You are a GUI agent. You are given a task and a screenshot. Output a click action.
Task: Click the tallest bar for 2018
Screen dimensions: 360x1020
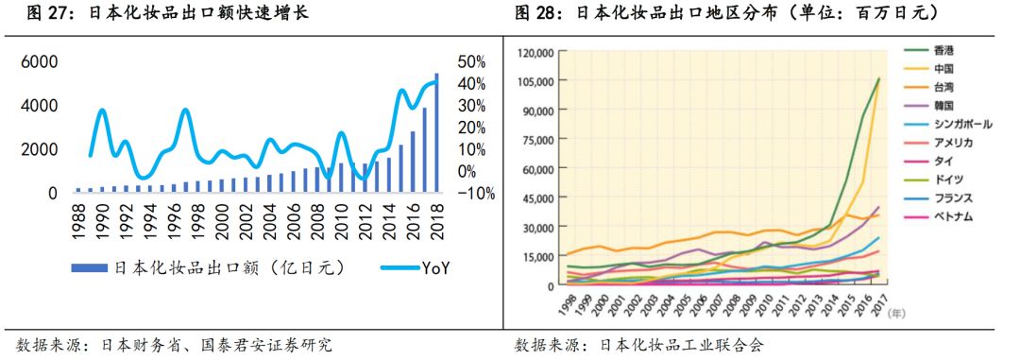tap(436, 132)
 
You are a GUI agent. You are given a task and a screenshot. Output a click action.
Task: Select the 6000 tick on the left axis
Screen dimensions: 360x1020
tap(40, 61)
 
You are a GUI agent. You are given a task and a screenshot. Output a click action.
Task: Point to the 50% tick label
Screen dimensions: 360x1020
tap(471, 61)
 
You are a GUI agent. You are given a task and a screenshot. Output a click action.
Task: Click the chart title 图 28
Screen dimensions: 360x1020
tap(727, 13)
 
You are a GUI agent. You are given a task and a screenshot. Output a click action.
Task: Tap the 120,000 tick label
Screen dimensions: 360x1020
tap(535, 52)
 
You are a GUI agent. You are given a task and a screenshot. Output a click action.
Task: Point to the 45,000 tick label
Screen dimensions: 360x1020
tap(537, 198)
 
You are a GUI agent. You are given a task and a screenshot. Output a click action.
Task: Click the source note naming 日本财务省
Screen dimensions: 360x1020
tap(175, 346)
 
